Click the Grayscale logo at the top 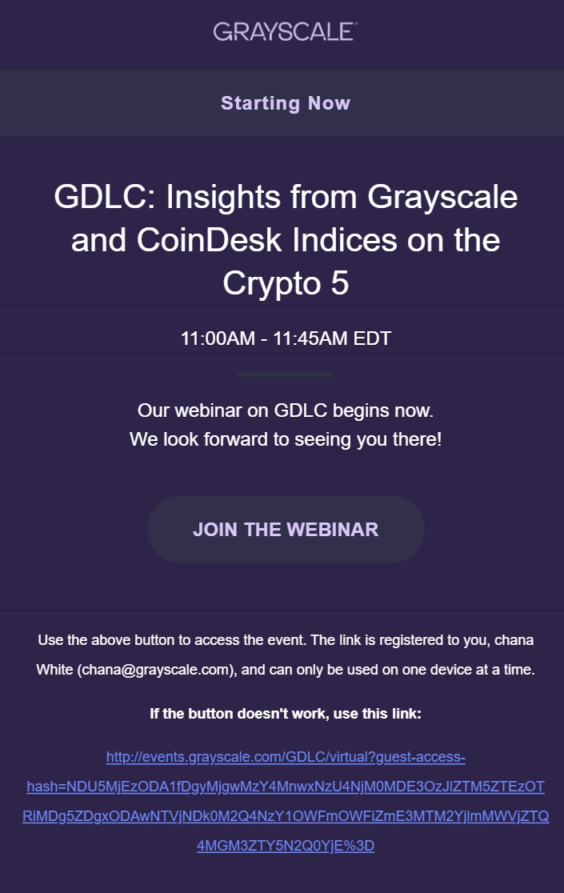coord(285,32)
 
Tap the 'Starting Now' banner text coord(286,103)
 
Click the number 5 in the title coord(339,283)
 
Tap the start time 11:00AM coord(217,338)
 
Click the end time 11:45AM coord(310,338)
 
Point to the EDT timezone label coord(372,338)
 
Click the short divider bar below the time coord(286,374)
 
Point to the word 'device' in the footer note coord(447,670)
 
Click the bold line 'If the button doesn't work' coord(286,713)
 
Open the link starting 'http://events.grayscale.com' coord(286,757)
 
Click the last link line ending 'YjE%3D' coord(286,846)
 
